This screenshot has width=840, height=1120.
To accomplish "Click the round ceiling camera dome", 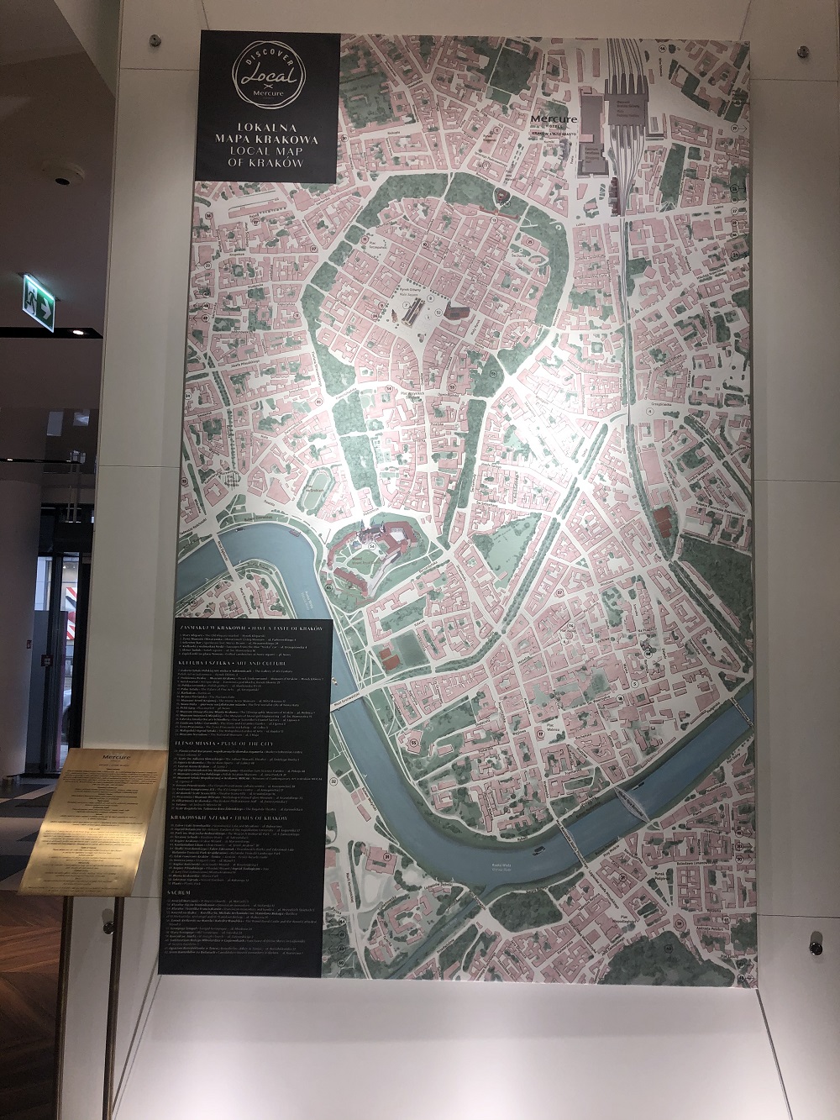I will click(64, 179).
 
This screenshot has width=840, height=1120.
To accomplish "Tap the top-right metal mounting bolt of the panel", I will click(804, 52).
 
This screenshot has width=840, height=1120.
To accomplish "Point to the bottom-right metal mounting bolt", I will click(815, 947).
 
